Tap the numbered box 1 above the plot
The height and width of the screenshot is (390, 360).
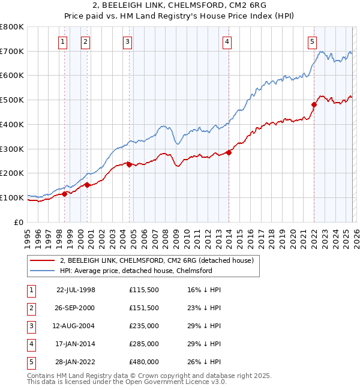click(64, 41)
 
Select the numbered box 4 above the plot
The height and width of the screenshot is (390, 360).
click(228, 41)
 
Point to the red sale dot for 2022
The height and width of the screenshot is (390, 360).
click(314, 104)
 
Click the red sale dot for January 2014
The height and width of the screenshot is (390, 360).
click(229, 152)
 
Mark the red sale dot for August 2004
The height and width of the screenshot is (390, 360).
click(129, 164)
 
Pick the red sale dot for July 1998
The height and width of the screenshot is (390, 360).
click(65, 193)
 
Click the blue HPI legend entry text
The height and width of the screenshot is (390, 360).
click(136, 271)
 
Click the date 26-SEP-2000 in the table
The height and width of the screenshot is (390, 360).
click(76, 308)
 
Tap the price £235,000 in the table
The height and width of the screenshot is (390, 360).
click(144, 326)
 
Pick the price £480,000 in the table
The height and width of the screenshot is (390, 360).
click(144, 362)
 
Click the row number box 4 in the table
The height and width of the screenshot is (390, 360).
click(31, 344)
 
